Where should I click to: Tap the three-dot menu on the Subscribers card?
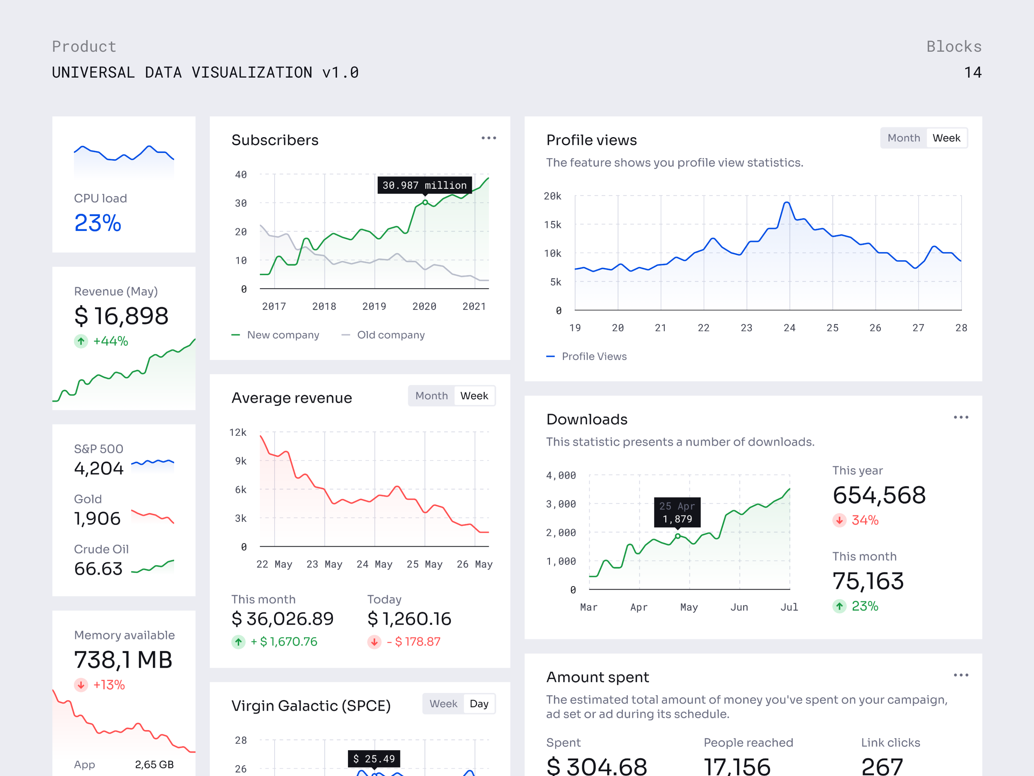(489, 138)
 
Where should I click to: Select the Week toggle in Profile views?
(946, 138)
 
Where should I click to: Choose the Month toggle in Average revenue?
(431, 396)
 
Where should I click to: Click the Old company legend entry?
(390, 335)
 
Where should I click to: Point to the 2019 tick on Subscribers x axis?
(374, 307)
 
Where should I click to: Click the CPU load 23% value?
(98, 223)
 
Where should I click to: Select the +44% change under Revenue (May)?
(110, 341)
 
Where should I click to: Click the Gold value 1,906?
(97, 518)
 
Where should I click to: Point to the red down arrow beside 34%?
(839, 520)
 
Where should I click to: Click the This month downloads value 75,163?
(868, 581)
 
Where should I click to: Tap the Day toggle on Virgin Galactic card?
(479, 704)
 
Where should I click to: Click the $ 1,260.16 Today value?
(409, 619)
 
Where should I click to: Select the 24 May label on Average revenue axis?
(374, 564)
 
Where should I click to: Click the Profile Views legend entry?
(593, 356)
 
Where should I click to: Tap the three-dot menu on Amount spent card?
(961, 675)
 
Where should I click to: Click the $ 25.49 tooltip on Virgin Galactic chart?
(374, 758)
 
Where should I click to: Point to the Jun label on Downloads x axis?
(739, 607)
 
